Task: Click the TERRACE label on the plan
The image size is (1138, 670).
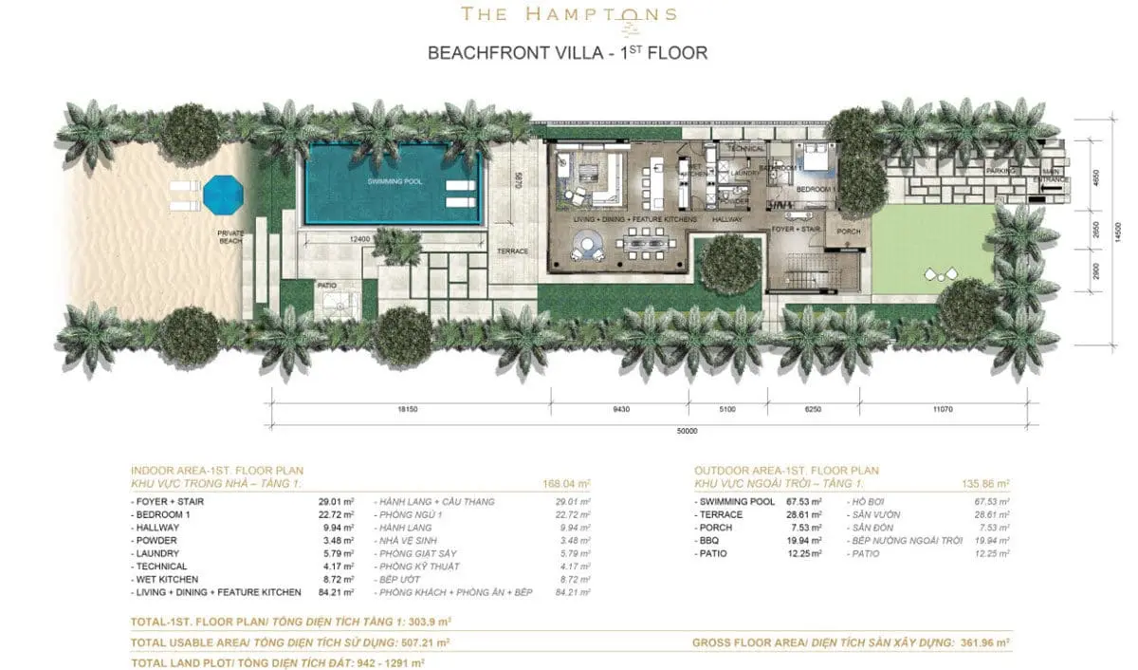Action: (512, 251)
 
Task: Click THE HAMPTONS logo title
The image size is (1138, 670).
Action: (568, 14)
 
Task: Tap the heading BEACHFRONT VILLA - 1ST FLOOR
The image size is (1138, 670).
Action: (567, 52)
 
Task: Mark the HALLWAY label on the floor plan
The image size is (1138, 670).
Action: (726, 219)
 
